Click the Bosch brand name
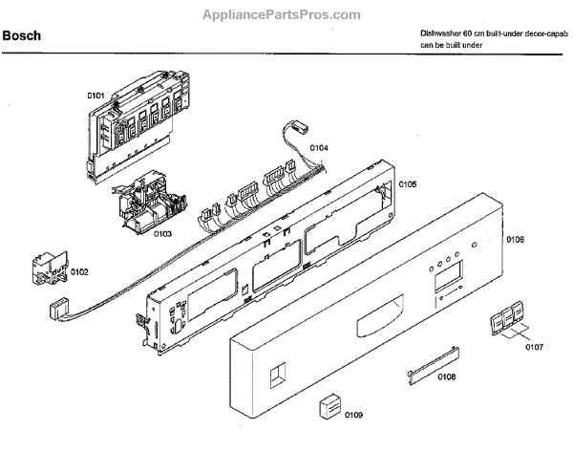pyautogui.click(x=22, y=36)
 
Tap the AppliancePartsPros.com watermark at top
pyautogui.click(x=283, y=14)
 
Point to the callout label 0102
pyautogui.click(x=78, y=272)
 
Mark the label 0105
pyautogui.click(x=408, y=183)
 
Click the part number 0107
pyautogui.click(x=533, y=346)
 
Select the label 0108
pyautogui.click(x=446, y=378)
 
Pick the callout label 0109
pyautogui.click(x=352, y=415)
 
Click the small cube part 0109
pyautogui.click(x=330, y=405)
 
